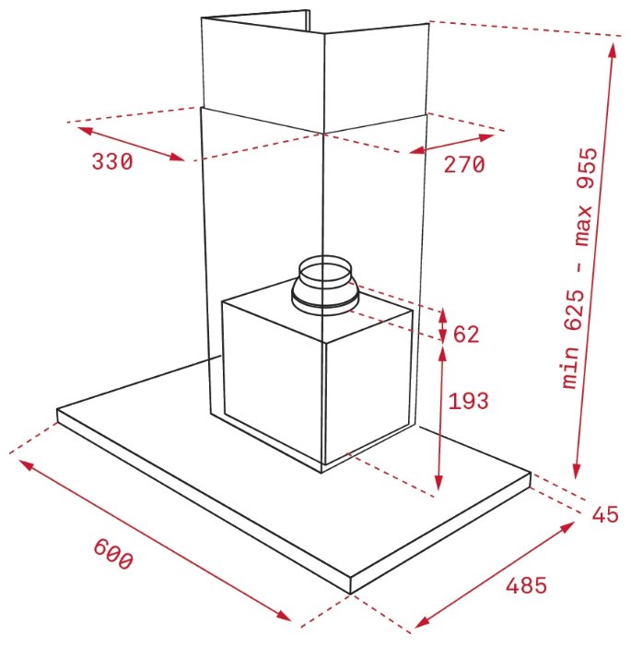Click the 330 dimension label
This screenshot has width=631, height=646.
pyautogui.click(x=112, y=161)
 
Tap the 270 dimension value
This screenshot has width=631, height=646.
pyautogui.click(x=464, y=164)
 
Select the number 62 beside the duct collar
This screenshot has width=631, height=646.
pyautogui.click(x=466, y=334)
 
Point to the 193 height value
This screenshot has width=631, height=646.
pyautogui.click(x=468, y=401)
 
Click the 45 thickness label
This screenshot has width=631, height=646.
pyautogui.click(x=605, y=514)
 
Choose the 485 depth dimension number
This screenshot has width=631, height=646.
pyautogui.click(x=526, y=585)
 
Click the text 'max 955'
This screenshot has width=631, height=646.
pyautogui.click(x=585, y=197)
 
